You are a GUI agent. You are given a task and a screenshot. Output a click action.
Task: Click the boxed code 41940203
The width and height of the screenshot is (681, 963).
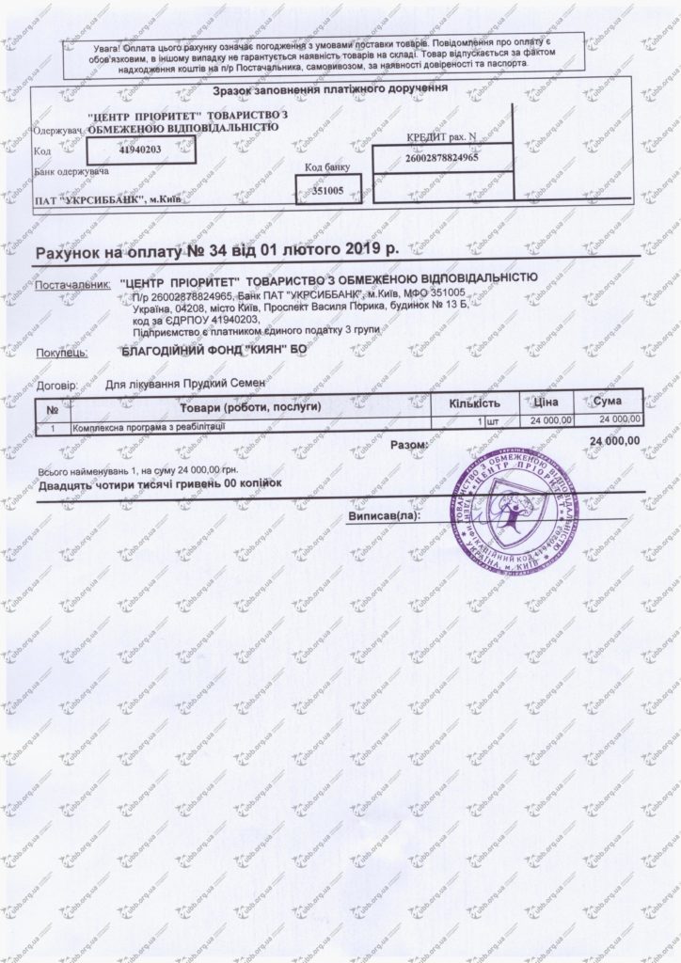click(x=141, y=149)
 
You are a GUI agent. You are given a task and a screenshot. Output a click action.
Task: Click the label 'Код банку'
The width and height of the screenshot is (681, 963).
click(x=326, y=167)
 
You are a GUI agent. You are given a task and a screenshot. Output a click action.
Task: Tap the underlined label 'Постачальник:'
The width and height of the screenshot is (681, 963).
click(x=71, y=283)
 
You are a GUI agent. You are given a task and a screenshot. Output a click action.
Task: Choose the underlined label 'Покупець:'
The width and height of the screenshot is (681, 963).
click(x=62, y=353)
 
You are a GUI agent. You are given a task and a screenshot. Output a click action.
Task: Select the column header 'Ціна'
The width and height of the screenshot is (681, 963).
click(x=546, y=404)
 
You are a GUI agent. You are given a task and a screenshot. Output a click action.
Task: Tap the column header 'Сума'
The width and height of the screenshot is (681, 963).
click(x=608, y=403)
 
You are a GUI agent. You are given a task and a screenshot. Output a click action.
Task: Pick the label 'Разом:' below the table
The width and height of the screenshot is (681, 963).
click(x=408, y=443)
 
